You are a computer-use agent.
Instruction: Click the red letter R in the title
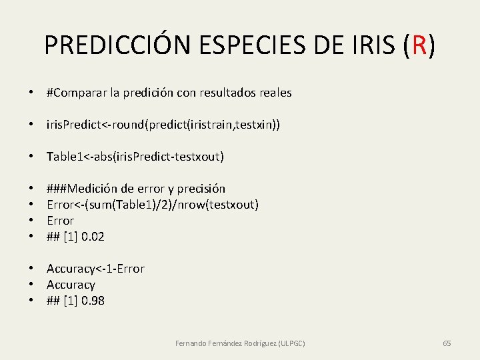tap(419, 45)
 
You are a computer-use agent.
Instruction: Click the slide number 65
tap(447, 343)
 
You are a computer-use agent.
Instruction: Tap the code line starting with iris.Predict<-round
tap(163, 125)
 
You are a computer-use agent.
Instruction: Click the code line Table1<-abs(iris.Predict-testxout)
tap(135, 157)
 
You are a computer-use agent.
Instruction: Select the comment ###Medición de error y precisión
tap(135, 189)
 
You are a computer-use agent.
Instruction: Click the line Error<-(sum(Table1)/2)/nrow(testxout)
tap(152, 204)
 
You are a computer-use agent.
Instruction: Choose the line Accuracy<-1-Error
tap(95, 269)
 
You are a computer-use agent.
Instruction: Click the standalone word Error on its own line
tap(60, 220)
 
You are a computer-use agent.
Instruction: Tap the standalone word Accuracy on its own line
tap(71, 285)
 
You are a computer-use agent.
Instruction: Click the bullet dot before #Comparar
tap(31, 93)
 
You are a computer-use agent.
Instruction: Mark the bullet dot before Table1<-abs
tap(31, 157)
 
